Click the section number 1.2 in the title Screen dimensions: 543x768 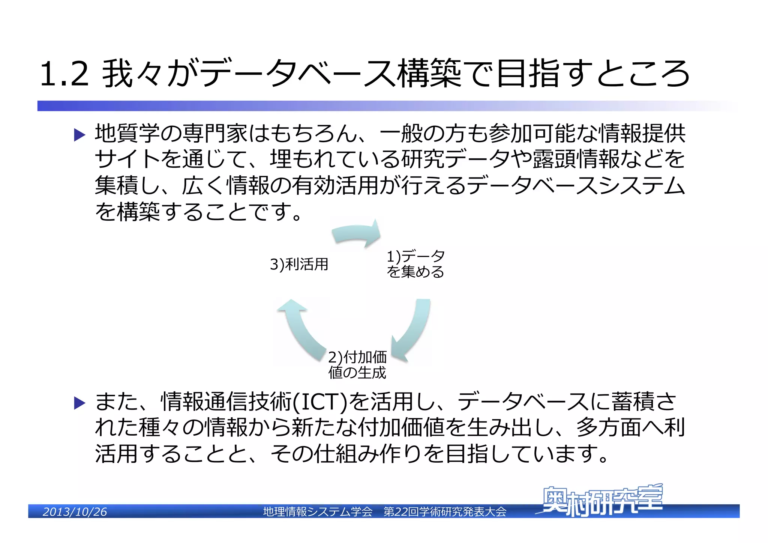point(64,74)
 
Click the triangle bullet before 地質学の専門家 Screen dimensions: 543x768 point(80,135)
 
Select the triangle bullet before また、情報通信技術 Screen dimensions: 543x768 point(80,403)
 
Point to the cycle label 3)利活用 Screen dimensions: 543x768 point(299,264)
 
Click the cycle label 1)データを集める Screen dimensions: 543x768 point(415,264)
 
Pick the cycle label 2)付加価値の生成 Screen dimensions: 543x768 point(357,365)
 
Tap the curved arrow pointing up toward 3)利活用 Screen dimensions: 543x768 point(300,325)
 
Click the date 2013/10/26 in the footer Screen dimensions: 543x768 point(75,512)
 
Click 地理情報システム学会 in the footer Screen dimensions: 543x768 point(318,512)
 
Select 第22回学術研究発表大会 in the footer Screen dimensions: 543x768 point(445,512)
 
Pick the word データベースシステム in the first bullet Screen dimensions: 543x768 point(576,185)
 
